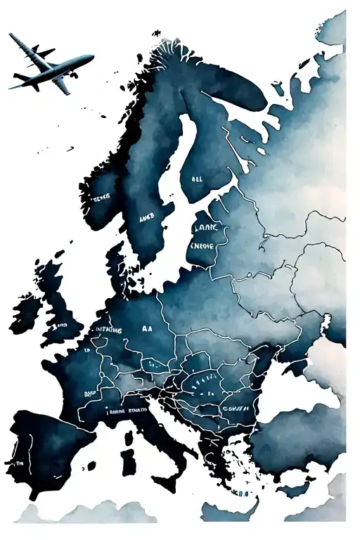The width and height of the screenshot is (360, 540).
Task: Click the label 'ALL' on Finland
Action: (x=198, y=179)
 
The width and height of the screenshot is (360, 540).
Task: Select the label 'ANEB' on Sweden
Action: (x=146, y=218)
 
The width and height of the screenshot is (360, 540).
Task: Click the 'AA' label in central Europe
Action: (x=146, y=328)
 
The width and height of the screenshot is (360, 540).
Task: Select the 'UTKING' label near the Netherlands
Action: (x=106, y=329)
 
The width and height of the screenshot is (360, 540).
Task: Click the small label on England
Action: (x=62, y=326)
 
